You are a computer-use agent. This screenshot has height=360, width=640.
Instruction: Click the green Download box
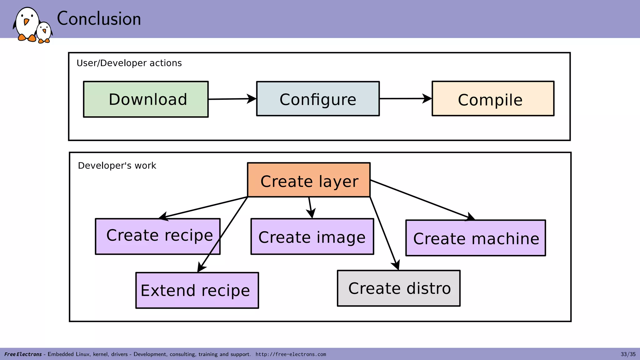pos(146,99)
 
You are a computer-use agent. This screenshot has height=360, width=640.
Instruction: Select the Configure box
pos(318,99)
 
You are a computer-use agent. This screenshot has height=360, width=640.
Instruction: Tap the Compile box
pos(493,99)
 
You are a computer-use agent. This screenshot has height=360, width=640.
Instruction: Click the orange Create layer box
pos(309,180)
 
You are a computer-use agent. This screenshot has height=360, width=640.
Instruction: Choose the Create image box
pos(312,237)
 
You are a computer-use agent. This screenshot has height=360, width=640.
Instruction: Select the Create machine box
pos(475,238)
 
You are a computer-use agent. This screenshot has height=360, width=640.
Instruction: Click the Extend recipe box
pos(197,290)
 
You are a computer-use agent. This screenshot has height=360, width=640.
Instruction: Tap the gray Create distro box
pos(398,288)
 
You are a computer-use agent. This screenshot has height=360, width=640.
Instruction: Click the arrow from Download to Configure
pos(231,99)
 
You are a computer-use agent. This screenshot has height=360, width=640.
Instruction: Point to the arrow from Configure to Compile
pos(405,99)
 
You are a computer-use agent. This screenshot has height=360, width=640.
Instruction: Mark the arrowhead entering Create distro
pos(396,265)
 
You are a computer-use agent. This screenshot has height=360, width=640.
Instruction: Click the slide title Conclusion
pos(99,19)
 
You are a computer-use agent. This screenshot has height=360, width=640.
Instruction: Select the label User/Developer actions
pos(129,63)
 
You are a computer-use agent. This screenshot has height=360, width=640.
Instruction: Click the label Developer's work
pos(117,166)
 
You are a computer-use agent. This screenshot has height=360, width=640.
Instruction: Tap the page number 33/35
pos(628,354)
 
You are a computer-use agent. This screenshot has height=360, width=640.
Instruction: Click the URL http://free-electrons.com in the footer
pos(291,354)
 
